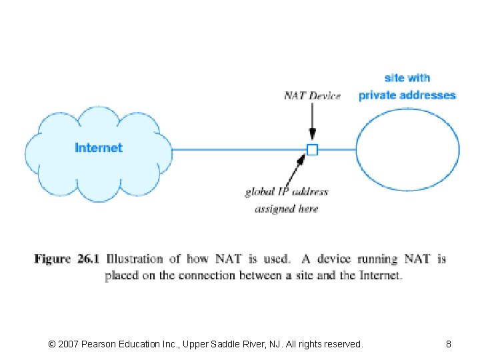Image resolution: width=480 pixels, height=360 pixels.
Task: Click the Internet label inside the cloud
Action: click(99, 148)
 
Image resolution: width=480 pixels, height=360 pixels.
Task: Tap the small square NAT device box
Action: click(312, 149)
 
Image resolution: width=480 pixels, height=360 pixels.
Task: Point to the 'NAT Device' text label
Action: click(312, 95)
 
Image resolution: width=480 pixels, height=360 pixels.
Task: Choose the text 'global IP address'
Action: click(287, 192)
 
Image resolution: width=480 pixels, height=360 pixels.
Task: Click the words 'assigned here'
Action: click(287, 209)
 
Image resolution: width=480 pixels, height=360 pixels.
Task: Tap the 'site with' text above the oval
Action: click(407, 78)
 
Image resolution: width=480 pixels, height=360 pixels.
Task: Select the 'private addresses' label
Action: click(407, 95)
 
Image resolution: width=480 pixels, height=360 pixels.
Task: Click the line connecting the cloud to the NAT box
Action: click(240, 149)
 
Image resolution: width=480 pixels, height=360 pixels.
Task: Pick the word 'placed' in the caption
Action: click(121, 275)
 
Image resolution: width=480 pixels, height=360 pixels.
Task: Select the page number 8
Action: click(449, 344)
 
